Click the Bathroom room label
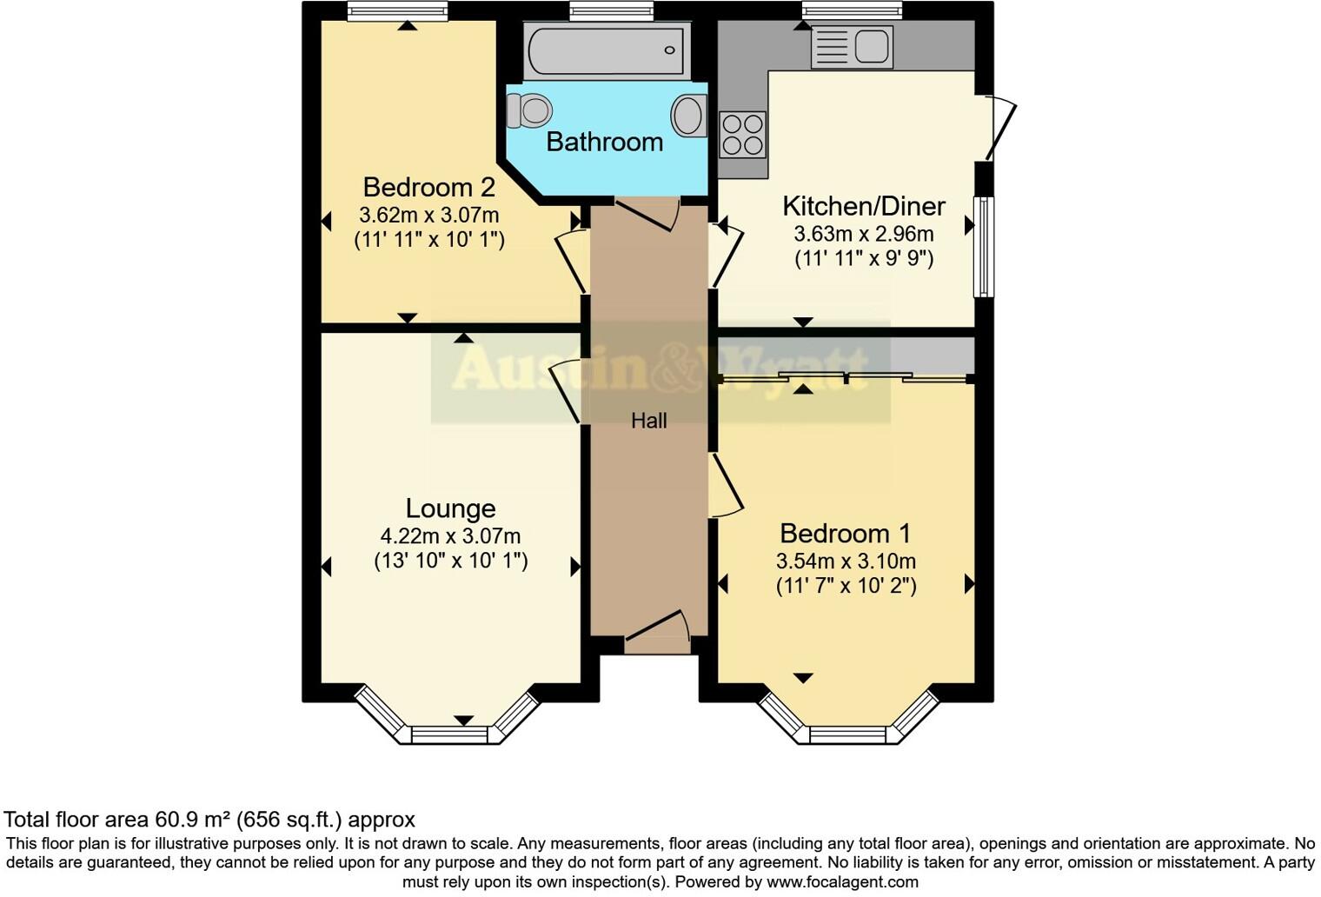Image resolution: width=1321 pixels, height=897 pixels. (x=604, y=142)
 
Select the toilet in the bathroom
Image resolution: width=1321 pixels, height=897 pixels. (x=529, y=110)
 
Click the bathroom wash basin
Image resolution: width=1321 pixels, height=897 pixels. (x=689, y=116)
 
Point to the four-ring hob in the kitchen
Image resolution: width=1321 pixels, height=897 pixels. (x=743, y=135)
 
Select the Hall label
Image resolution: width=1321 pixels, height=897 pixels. (x=648, y=421)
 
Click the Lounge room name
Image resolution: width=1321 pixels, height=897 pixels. (x=450, y=508)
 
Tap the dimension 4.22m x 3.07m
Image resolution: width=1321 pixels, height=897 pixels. (x=450, y=536)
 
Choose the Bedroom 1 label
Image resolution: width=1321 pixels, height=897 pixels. (x=846, y=533)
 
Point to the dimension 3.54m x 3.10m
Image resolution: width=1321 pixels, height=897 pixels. (x=846, y=561)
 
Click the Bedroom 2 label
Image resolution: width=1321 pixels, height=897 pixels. (x=428, y=187)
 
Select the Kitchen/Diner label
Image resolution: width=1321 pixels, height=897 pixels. (x=863, y=206)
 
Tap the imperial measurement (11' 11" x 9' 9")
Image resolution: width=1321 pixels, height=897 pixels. (x=863, y=258)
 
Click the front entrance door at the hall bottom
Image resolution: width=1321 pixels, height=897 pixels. (x=658, y=631)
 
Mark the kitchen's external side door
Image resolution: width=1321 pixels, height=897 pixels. (x=999, y=129)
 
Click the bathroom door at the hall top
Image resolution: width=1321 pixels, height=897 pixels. (x=647, y=213)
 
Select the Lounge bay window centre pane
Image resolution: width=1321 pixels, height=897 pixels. (x=450, y=735)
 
